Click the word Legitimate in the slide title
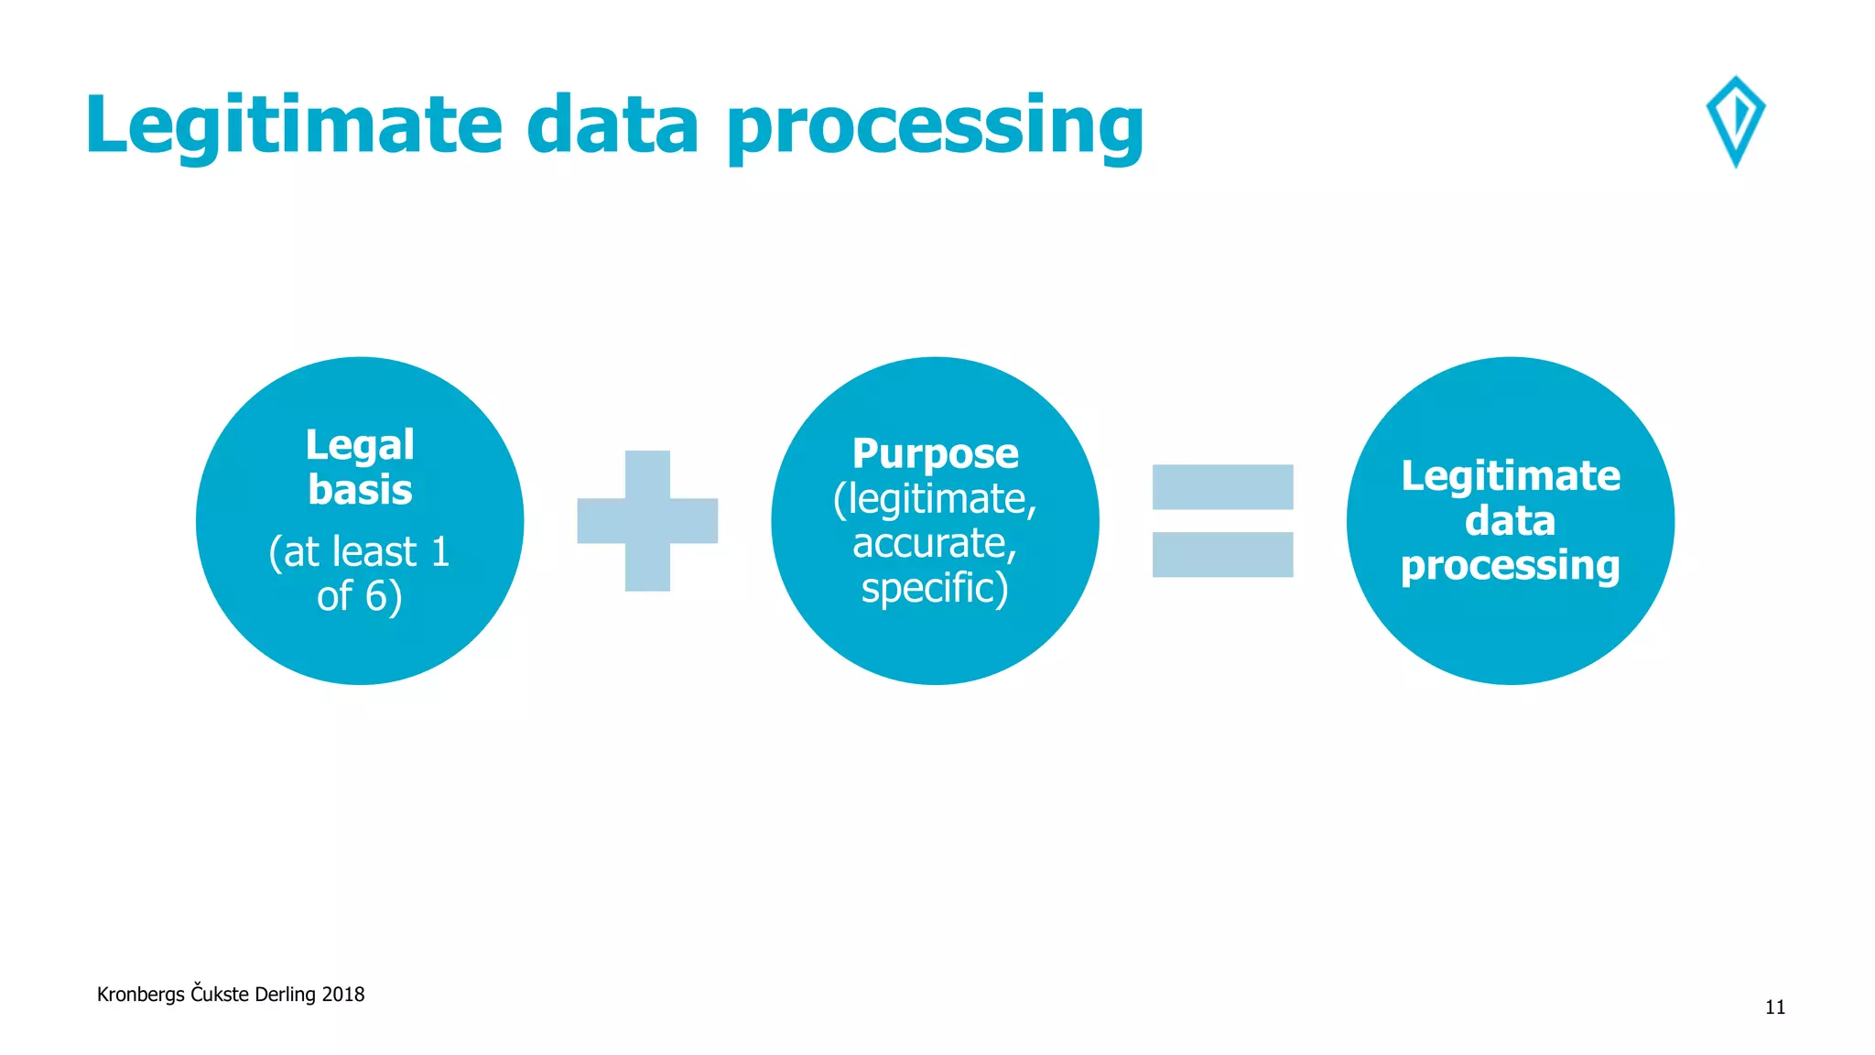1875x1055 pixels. click(x=293, y=125)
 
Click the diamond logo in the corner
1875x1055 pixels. click(x=1735, y=121)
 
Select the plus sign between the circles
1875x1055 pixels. click(x=647, y=520)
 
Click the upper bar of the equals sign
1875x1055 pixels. click(x=1222, y=486)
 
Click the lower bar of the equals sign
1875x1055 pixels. click(x=1222, y=554)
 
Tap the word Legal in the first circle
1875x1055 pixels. click(x=360, y=445)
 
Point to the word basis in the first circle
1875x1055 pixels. click(x=360, y=490)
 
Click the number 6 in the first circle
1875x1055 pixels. click(x=377, y=597)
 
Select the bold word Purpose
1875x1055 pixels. click(x=935, y=453)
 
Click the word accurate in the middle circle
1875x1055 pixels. click(x=931, y=543)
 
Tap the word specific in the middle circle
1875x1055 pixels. click(x=928, y=588)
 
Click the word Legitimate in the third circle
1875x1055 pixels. click(x=1510, y=476)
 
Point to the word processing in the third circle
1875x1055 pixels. click(x=1510, y=566)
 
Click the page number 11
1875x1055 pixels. click(x=1774, y=1007)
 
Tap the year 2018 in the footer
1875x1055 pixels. click(x=342, y=995)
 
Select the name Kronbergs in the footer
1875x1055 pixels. click(x=140, y=995)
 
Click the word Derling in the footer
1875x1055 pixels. click(x=285, y=995)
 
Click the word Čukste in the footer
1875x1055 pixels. click(x=220, y=994)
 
